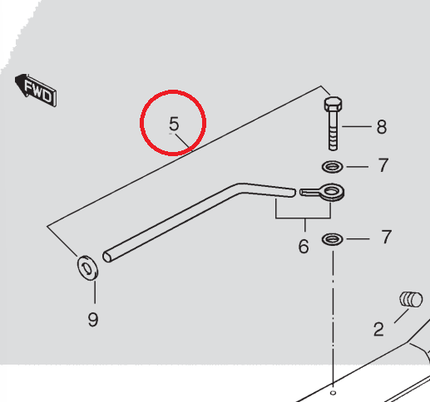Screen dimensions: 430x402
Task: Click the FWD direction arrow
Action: pos(36,90)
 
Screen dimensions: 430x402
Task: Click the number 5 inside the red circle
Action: pos(174,124)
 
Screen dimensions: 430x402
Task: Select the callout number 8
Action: pos(382,127)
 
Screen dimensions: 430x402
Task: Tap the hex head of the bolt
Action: pos(333,103)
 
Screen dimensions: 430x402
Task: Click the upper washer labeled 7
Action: pos(333,167)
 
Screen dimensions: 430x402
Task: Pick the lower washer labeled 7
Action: pos(332,239)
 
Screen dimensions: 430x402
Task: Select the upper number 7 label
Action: pos(383,165)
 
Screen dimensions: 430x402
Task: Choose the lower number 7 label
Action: pos(386,237)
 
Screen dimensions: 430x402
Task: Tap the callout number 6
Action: pos(304,246)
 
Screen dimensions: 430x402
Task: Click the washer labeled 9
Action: pos(87,268)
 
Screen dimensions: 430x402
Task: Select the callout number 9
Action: pos(93,319)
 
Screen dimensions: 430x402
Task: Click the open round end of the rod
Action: pos(106,257)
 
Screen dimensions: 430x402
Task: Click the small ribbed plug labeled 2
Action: pos(411,299)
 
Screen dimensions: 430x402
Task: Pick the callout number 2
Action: pos(378,329)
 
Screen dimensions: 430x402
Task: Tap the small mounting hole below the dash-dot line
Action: pos(334,393)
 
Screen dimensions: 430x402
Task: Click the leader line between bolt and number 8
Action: pos(357,126)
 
